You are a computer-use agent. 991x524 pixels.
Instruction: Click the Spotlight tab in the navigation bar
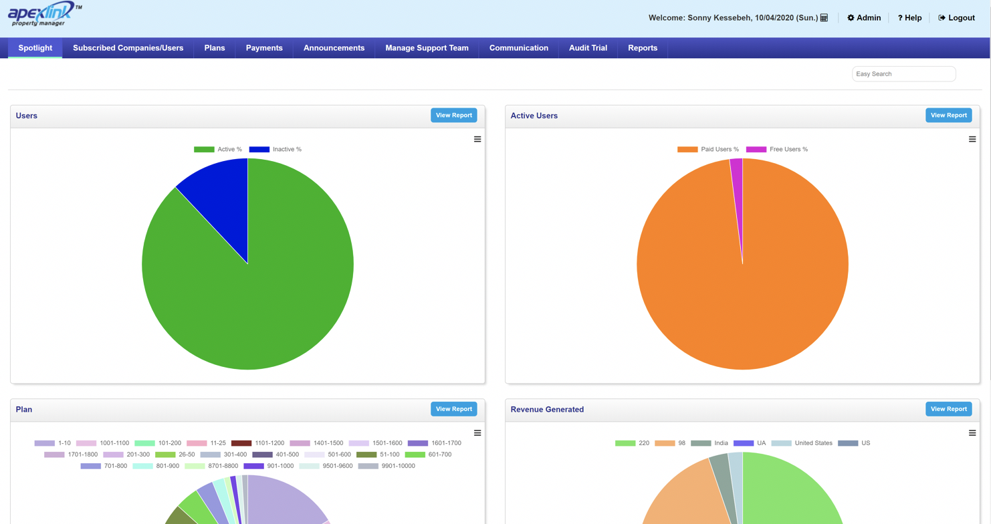(35, 48)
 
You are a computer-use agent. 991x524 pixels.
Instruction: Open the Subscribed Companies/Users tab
(128, 48)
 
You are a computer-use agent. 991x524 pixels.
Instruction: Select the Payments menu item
(264, 48)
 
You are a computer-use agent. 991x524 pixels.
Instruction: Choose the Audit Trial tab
(588, 48)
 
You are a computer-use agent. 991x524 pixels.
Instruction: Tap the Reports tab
(642, 48)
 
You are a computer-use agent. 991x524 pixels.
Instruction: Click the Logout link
(956, 18)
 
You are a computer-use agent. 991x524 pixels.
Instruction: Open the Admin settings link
(864, 18)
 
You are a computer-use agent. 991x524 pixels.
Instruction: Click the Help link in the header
(909, 18)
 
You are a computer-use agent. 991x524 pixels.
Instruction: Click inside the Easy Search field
(903, 74)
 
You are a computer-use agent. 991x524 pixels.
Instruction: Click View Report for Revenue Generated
(948, 409)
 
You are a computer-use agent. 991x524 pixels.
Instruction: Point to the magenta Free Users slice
(737, 174)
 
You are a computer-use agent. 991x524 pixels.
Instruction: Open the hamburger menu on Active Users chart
(972, 139)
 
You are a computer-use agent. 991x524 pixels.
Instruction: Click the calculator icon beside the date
(824, 18)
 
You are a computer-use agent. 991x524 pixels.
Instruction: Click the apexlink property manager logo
(43, 15)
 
